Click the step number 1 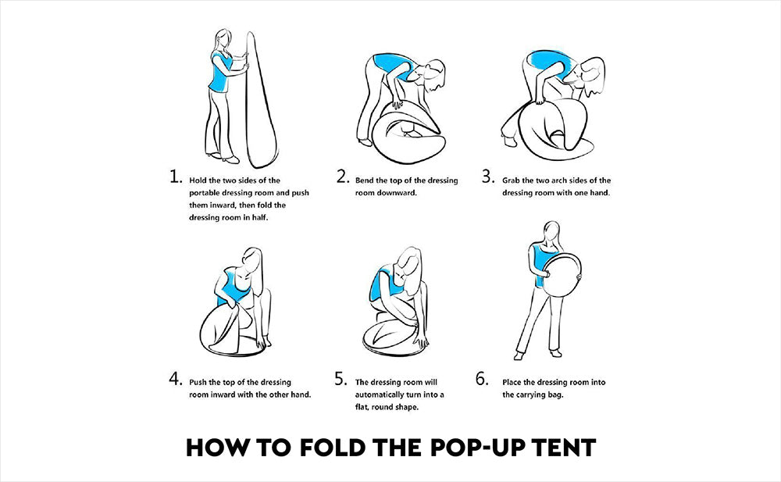[x=176, y=177]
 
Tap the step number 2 [x=343, y=177]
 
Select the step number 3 [x=488, y=177]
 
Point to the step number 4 [x=176, y=379]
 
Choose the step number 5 [x=341, y=379]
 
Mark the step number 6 [x=482, y=379]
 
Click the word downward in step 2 [x=386, y=193]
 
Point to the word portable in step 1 [x=204, y=194]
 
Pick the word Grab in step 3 [x=511, y=180]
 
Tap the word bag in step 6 [x=556, y=395]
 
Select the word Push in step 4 [x=198, y=382]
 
